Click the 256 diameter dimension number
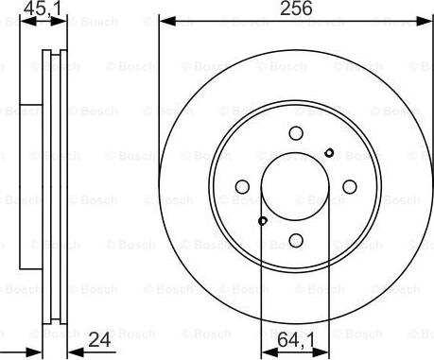tap(296, 9)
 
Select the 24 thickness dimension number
tap(99, 340)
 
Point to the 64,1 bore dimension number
tap(296, 341)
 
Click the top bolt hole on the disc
tap(296, 133)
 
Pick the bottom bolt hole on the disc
tap(296, 240)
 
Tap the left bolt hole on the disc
tap(242, 187)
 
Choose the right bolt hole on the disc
tap(349, 187)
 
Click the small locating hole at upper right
tap(329, 153)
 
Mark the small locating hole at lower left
tap(263, 221)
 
